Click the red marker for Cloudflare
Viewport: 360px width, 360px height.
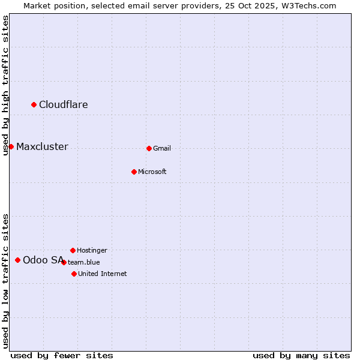pyautogui.click(x=34, y=105)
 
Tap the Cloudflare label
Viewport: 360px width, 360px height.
pyautogui.click(x=63, y=105)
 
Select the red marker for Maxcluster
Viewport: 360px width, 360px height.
pyautogui.click(x=11, y=147)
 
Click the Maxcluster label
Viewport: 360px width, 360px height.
pyautogui.click(x=42, y=147)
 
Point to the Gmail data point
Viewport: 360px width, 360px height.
pyautogui.click(x=149, y=148)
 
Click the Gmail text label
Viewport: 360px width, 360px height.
pyautogui.click(x=162, y=148)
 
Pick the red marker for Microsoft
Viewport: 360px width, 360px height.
pyautogui.click(x=134, y=172)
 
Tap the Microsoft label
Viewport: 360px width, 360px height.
pyautogui.click(x=152, y=172)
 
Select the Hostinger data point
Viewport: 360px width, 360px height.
pyautogui.click(x=73, y=250)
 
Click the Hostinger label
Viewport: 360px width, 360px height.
pyautogui.click(x=92, y=250)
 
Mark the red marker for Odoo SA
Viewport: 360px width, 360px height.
pyautogui.click(x=18, y=260)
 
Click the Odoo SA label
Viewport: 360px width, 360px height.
pyautogui.click(x=43, y=260)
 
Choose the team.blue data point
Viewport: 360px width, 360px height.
pyautogui.click(x=64, y=262)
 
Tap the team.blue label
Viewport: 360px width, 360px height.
pyautogui.click(x=84, y=262)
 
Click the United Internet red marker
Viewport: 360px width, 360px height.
pyautogui.click(x=74, y=274)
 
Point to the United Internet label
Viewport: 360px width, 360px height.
pyautogui.click(x=102, y=274)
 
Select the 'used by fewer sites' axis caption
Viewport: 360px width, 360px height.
pyautogui.click(x=62, y=355)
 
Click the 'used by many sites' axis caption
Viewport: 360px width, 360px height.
pyautogui.click(x=301, y=355)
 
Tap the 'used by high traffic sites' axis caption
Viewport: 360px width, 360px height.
pyautogui.click(x=5, y=85)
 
